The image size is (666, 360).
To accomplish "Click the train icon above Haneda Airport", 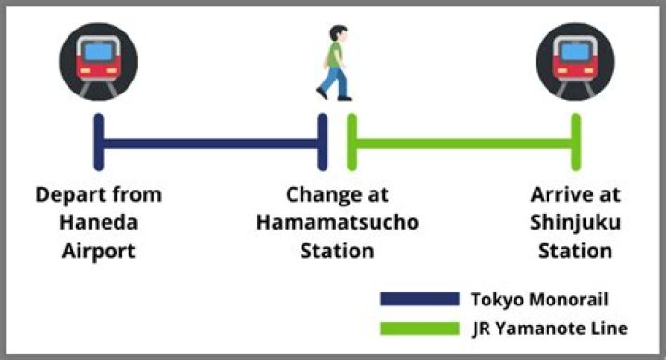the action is (x=99, y=62).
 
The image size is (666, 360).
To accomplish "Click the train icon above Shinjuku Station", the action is (x=575, y=62).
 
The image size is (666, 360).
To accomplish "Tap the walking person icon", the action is (x=335, y=63).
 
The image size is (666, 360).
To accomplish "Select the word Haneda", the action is (x=99, y=222).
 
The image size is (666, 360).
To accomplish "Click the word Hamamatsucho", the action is (x=338, y=222).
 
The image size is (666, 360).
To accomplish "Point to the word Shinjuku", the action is (x=575, y=223).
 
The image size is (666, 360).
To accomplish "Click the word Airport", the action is (x=99, y=252).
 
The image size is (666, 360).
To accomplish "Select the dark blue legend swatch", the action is (x=420, y=299).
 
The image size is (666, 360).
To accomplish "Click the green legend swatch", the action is (x=420, y=329).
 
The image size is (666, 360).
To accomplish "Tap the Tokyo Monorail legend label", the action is (x=539, y=300).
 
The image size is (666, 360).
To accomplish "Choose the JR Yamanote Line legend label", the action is (x=549, y=329).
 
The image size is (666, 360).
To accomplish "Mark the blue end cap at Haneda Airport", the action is (x=99, y=142).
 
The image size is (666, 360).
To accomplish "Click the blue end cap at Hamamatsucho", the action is (x=323, y=142).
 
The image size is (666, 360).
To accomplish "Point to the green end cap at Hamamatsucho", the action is (x=351, y=142).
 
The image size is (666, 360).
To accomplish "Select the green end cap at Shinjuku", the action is (x=576, y=142).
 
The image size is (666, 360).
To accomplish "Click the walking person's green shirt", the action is (x=334, y=56).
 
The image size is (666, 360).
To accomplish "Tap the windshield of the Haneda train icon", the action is (x=99, y=52).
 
